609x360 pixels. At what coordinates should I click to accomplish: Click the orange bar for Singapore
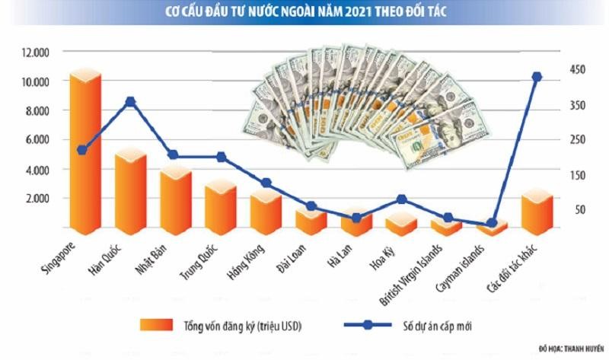(84, 152)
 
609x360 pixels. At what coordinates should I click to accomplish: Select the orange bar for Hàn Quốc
(129, 190)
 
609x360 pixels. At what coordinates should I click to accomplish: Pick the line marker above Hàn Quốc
(130, 101)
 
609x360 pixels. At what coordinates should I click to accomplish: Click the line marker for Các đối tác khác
(537, 77)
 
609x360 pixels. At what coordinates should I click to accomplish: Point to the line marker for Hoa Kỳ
(402, 199)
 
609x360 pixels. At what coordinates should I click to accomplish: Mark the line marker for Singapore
(82, 150)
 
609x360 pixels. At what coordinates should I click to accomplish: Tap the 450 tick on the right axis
(572, 70)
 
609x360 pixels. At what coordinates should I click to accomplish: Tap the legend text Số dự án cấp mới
(442, 325)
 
